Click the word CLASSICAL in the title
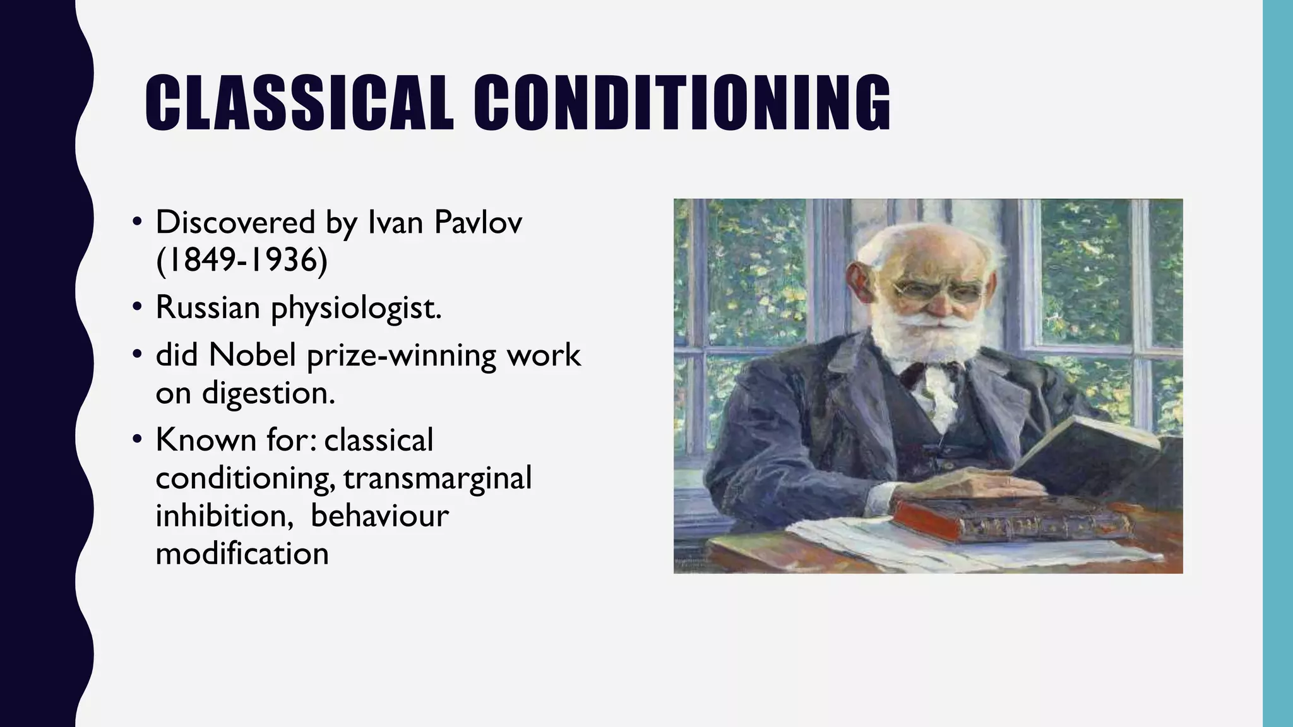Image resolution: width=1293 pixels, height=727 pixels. pos(299,103)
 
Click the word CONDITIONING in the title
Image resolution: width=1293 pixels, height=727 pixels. pos(682,103)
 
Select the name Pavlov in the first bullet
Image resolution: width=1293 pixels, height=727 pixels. pos(478,222)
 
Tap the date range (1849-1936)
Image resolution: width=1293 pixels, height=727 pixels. pos(242,260)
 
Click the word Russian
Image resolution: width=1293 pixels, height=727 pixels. pos(208,308)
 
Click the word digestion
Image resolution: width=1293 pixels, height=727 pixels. pos(268,394)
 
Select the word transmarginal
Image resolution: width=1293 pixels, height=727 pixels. pos(438,478)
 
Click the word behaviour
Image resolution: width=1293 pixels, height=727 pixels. pos(379,516)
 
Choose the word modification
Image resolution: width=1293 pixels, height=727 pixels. pos(242,553)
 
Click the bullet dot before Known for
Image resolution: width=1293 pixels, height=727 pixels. pos(137,440)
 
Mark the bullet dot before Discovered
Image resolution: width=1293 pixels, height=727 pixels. pos(137,222)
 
